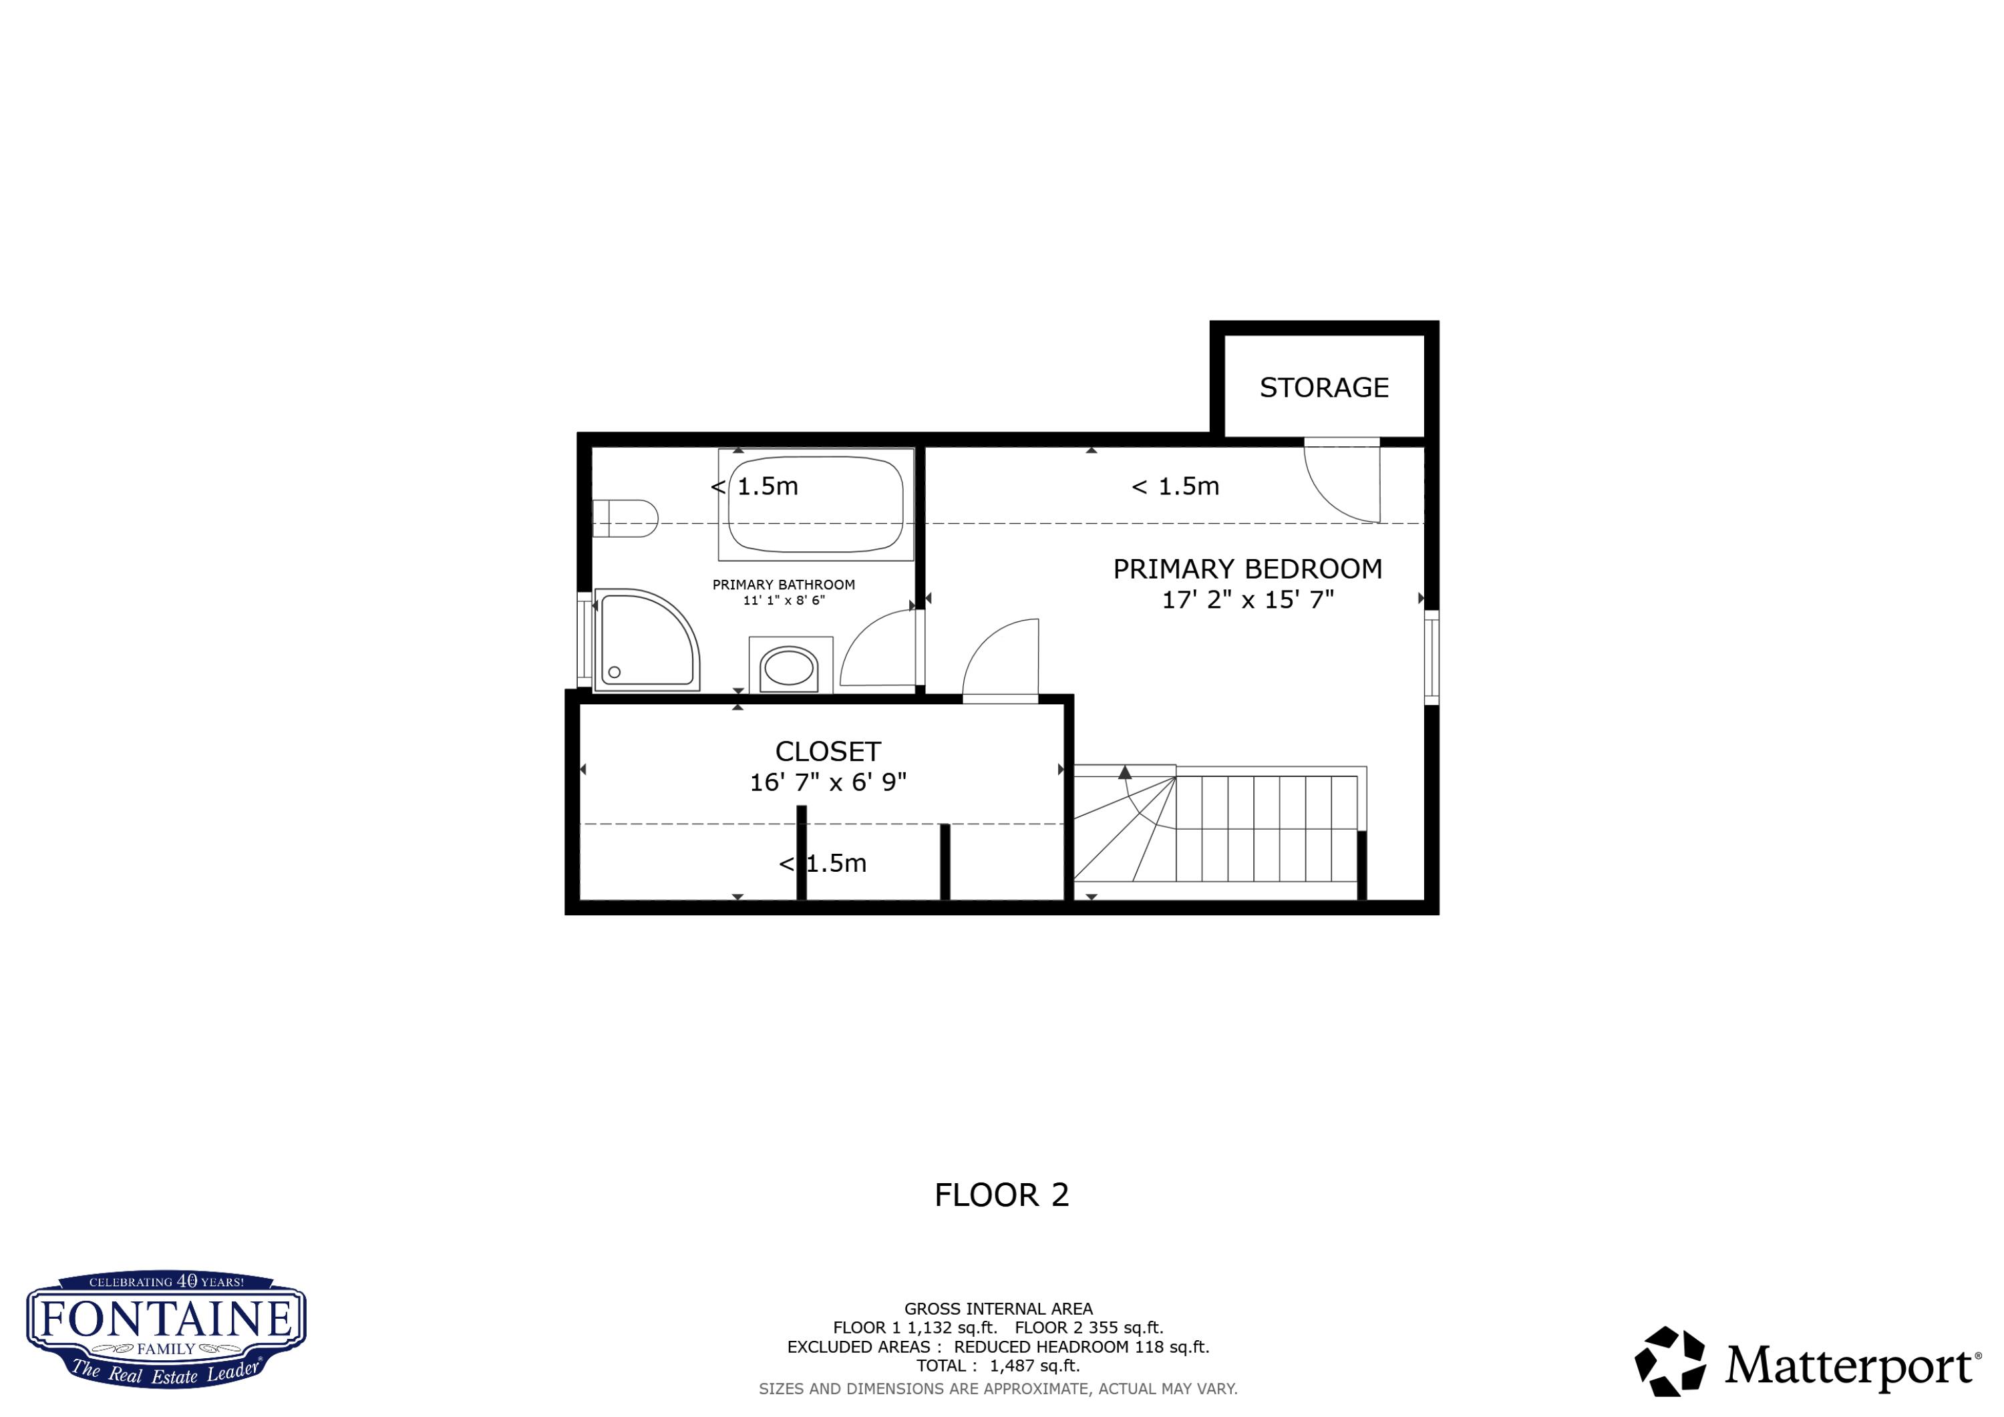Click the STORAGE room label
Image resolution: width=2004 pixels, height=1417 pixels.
coord(1323,387)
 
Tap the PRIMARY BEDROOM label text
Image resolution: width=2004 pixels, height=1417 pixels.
coord(1247,569)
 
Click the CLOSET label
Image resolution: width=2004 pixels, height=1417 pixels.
coord(828,752)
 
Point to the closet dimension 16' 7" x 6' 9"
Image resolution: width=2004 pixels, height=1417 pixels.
coord(828,782)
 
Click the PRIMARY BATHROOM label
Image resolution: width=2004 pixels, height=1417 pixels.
coord(783,585)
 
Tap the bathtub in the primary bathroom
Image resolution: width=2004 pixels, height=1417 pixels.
coord(815,504)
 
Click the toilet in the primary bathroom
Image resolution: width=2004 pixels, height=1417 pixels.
coord(624,518)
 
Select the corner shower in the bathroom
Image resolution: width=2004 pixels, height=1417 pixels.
coord(647,640)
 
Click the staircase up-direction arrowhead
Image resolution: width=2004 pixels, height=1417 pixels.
coord(1125,772)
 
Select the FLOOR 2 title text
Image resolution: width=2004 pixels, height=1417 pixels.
coord(1001,1195)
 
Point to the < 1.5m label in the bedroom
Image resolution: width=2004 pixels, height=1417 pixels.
coord(1175,486)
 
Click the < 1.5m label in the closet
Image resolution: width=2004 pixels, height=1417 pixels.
coord(822,863)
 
